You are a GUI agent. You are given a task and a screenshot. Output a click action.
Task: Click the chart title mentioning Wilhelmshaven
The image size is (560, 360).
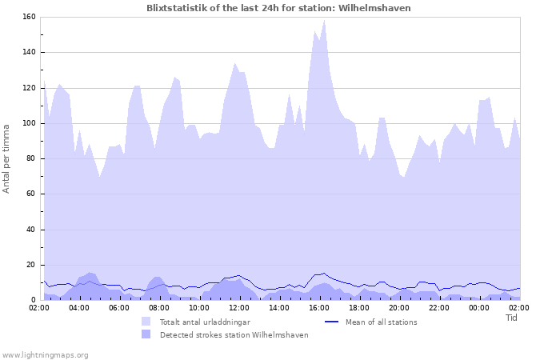278,8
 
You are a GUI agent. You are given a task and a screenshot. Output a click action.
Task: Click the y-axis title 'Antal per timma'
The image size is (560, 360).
7,158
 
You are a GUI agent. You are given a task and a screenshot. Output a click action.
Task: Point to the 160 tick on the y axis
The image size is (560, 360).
28,17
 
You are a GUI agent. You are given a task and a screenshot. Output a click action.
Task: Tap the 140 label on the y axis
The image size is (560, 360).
28,52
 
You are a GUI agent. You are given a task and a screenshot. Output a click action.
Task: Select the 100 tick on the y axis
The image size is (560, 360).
28,123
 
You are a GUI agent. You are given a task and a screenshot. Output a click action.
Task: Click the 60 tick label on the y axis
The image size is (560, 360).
30,194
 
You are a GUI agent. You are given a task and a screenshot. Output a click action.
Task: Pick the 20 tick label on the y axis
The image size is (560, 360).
30,265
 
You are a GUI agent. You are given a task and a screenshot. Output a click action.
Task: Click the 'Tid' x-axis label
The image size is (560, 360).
512,318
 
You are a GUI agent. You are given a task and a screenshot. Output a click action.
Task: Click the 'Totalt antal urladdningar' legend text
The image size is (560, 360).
205,322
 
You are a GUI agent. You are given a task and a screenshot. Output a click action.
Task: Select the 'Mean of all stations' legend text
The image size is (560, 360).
382,322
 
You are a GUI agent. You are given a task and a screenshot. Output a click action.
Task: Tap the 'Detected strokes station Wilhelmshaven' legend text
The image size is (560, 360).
234,335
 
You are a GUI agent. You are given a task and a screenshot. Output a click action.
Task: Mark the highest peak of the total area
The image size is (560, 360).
325,20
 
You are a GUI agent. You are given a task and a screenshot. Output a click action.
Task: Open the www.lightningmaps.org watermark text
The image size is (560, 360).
45,354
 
